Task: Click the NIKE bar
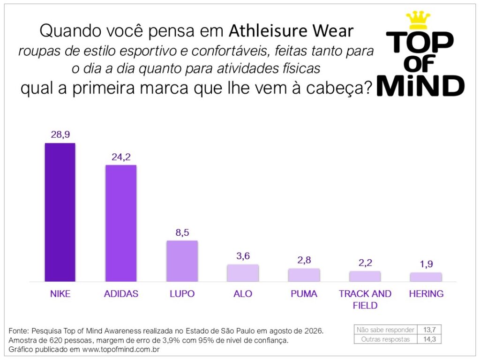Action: pos(60,212)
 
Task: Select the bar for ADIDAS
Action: pos(121,223)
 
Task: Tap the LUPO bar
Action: pos(182,261)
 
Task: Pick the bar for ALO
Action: pos(243,273)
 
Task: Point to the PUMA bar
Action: pos(304,275)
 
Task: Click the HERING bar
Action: pos(426,277)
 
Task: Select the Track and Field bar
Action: pos(365,277)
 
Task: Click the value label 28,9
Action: pos(60,135)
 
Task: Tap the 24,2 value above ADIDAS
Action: pos(121,157)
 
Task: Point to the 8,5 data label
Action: pos(182,232)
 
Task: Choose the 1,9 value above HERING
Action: pos(427,264)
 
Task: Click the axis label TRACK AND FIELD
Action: pos(365,300)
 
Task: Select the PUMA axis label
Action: pos(304,293)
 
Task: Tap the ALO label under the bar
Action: pos(243,293)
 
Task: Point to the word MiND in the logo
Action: pos(420,86)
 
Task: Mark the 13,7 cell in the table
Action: pos(429,330)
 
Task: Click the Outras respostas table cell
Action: pos(385,339)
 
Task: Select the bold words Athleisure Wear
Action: pos(291,30)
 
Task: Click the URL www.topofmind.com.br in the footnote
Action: pos(121,349)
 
